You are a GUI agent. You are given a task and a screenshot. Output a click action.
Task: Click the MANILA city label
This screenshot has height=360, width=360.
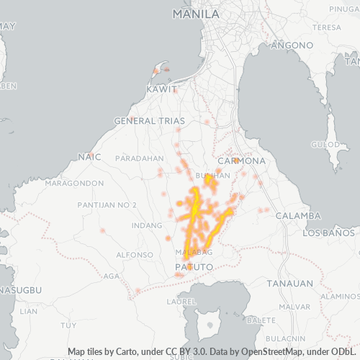pyautogui.click(x=197, y=14)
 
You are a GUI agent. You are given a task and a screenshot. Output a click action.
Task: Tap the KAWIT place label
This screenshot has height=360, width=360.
pyautogui.click(x=161, y=89)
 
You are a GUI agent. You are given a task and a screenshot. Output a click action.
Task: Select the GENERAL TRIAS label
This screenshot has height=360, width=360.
pyautogui.click(x=155, y=121)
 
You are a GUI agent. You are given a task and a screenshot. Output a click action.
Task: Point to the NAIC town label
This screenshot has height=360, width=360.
pyautogui.click(x=88, y=156)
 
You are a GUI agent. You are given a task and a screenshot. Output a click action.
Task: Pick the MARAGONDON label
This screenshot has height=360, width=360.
pyautogui.click(x=75, y=184)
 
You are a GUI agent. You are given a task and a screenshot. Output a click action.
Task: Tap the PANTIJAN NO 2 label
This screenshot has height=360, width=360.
pyautogui.click(x=109, y=206)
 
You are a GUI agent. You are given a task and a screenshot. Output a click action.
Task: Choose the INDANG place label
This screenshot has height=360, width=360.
pyautogui.click(x=147, y=225)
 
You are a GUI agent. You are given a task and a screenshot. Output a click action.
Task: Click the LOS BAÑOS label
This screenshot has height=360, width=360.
pyautogui.click(x=330, y=234)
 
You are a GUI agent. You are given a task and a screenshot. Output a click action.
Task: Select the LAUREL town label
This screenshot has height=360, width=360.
pyautogui.click(x=181, y=302)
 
